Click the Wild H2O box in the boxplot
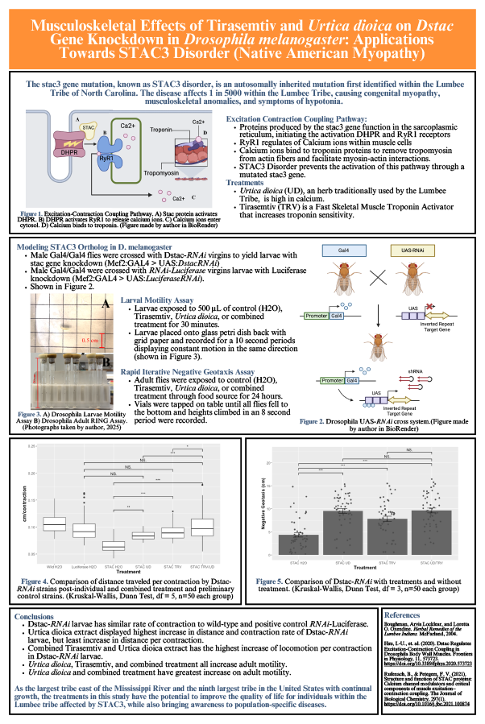[54, 524]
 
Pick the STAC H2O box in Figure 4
[114, 545]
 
